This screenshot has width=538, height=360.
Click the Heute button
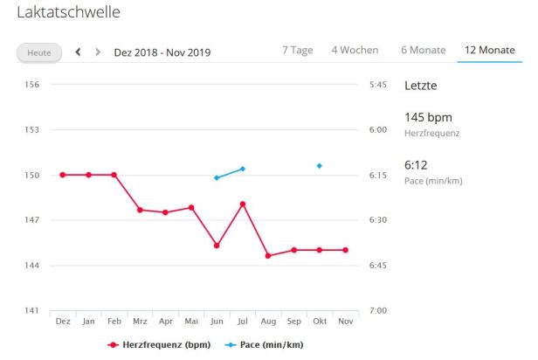(39, 52)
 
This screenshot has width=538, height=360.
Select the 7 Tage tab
(297, 50)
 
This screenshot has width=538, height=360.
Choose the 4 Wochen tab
(355, 50)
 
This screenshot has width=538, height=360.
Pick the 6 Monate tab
(424, 50)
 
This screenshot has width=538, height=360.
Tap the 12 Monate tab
(489, 50)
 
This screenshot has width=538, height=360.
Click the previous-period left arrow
(79, 52)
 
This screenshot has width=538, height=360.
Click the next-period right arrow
(98, 52)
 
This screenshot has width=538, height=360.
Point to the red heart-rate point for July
(243, 204)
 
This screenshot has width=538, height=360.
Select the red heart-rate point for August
(268, 256)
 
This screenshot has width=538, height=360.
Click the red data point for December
(63, 175)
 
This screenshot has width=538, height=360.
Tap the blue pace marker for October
(320, 165)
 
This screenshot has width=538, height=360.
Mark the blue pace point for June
(217, 177)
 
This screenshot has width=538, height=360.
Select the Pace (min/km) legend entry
(266, 345)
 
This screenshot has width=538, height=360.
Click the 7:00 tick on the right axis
(379, 310)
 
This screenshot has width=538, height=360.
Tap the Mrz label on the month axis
(140, 322)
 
